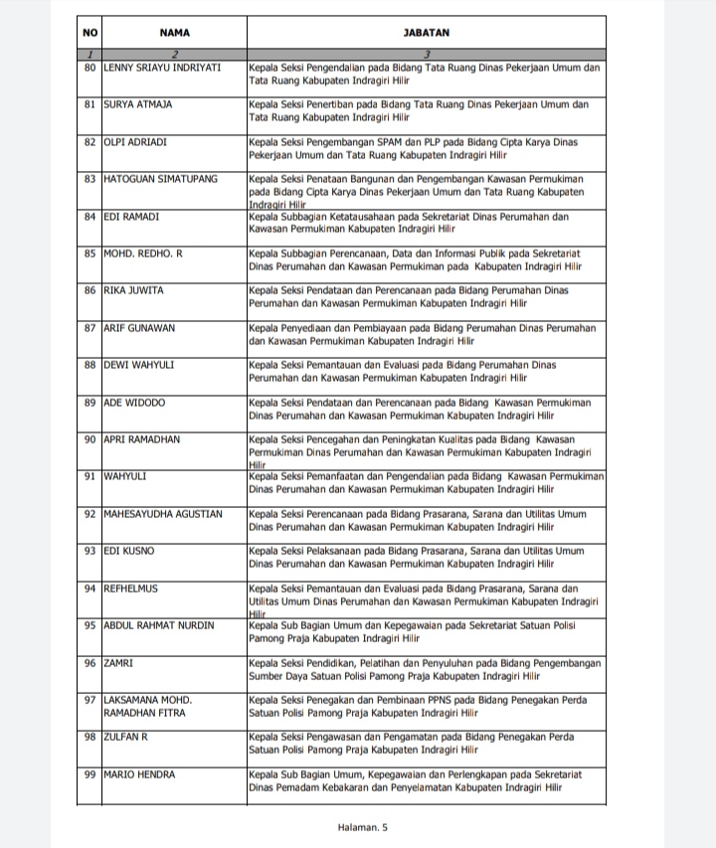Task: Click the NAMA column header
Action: pos(174,33)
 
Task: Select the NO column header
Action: pos(89,33)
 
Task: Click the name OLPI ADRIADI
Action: pos(138,142)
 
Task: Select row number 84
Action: pos(89,216)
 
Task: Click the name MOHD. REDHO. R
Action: pos(143,254)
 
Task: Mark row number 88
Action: pos(89,365)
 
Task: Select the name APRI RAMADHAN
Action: pos(141,439)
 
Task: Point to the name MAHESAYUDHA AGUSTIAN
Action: pos(162,514)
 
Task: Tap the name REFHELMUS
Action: pos(133,589)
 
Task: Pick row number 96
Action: pos(89,663)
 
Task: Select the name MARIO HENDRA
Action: pos(139,774)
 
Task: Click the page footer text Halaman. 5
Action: pos(363,826)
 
